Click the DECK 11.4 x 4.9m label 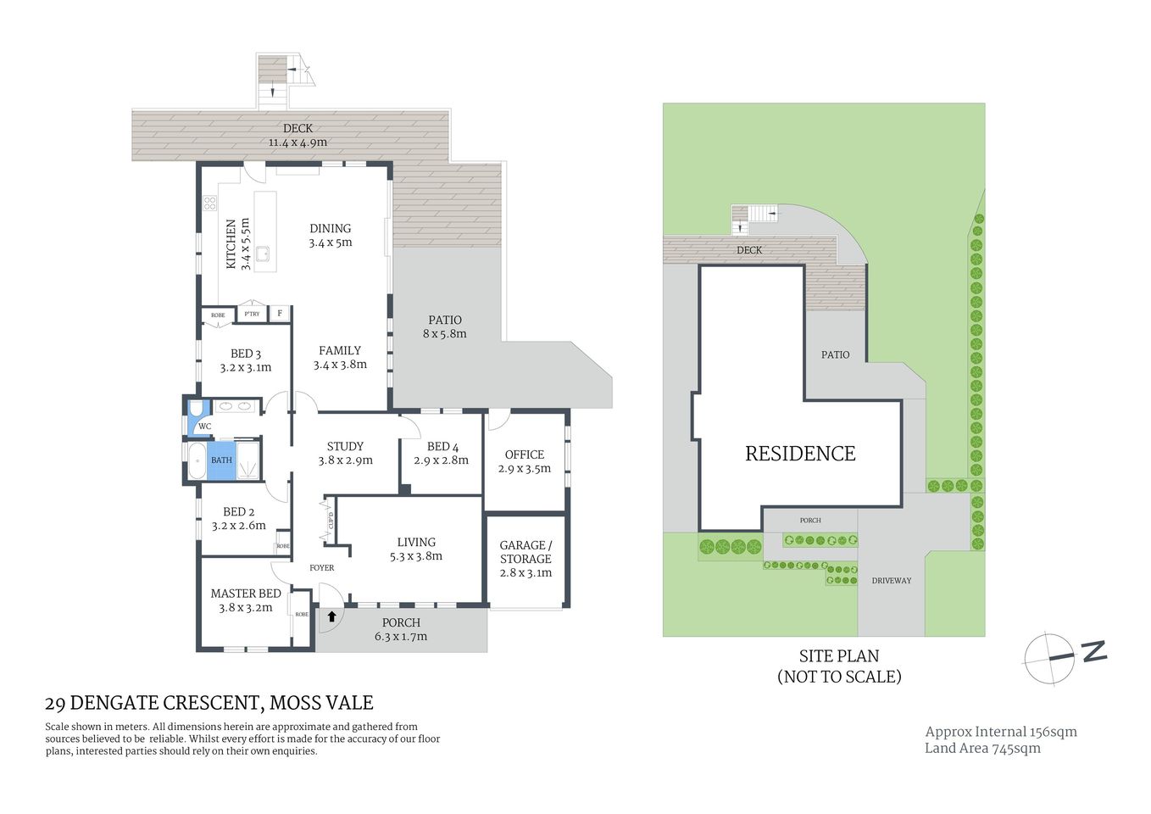(297, 136)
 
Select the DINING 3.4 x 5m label (330, 235)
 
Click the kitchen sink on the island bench (263, 253)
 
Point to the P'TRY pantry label (252, 314)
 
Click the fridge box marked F (280, 314)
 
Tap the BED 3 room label (246, 360)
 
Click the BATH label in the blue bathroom (221, 460)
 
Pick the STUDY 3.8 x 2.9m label (345, 453)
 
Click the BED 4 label (442, 453)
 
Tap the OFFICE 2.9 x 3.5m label (524, 461)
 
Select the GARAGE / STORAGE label (525, 558)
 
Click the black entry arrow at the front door (331, 616)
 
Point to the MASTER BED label (246, 600)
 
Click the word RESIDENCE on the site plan (800, 454)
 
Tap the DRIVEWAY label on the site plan (892, 581)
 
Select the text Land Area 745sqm (982, 748)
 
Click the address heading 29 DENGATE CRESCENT (209, 703)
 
